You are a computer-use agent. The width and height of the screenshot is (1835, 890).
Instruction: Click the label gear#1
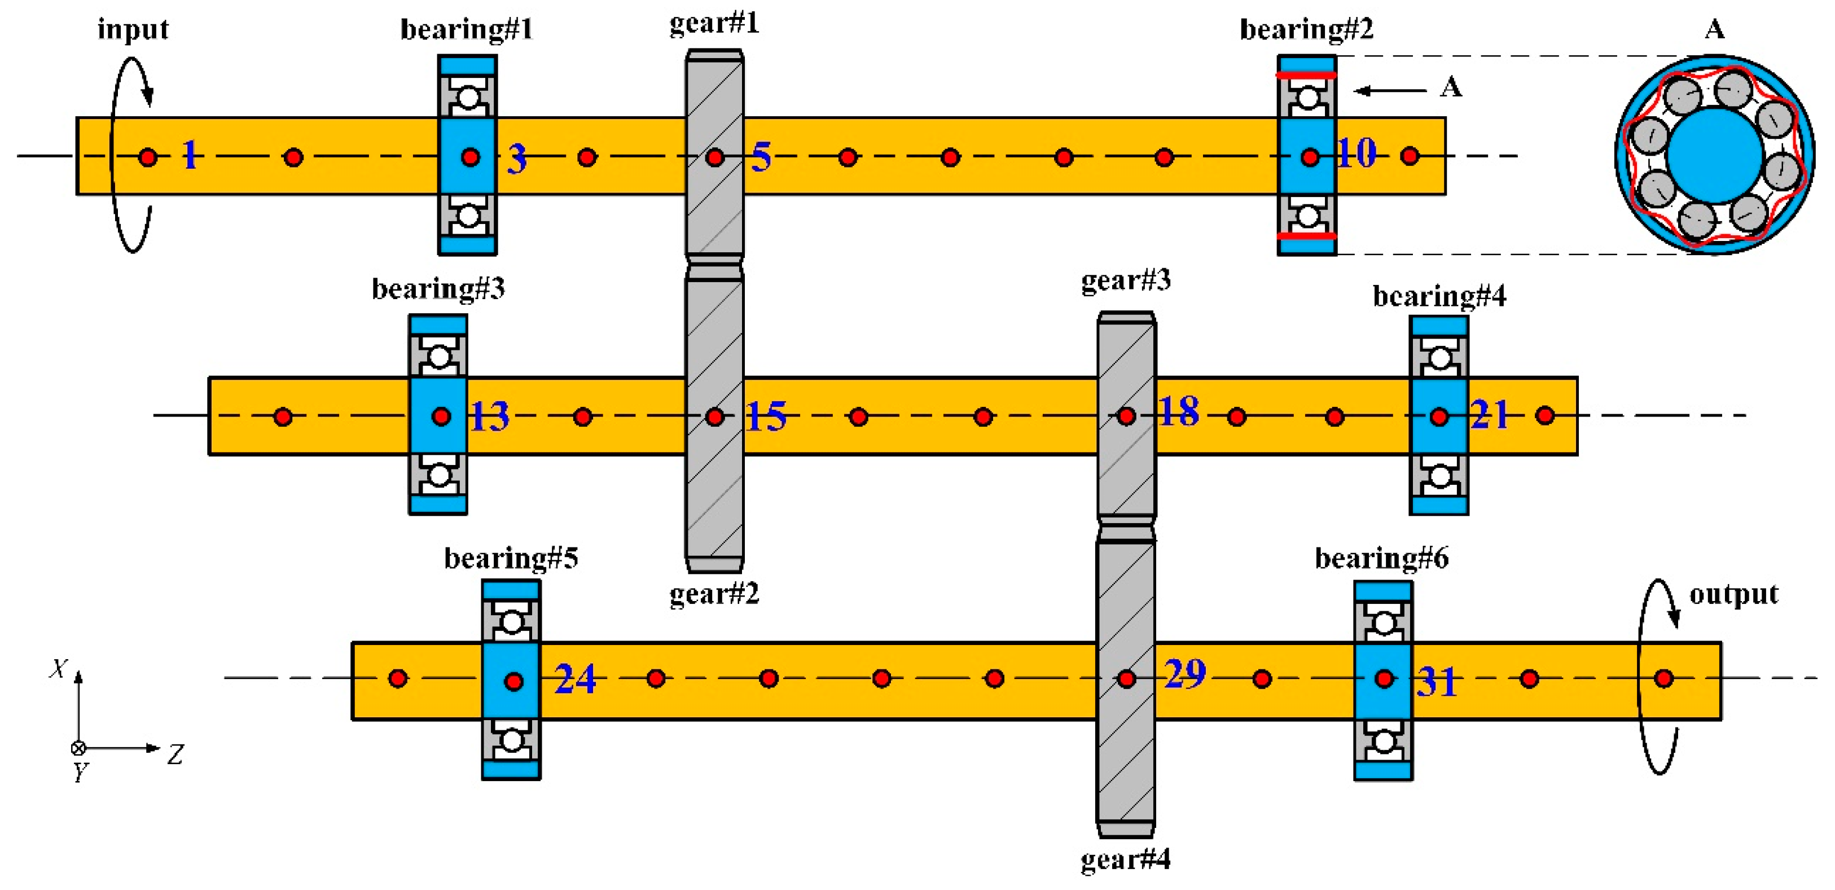[714, 24]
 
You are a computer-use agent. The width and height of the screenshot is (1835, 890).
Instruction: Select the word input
[133, 29]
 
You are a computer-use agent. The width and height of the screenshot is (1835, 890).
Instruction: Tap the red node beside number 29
[1126, 679]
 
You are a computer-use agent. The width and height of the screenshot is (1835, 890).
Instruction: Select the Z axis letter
[176, 754]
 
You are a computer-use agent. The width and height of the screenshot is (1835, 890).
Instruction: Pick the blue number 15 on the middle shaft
[766, 417]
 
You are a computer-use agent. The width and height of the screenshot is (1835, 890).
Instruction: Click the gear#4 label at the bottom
[1126, 860]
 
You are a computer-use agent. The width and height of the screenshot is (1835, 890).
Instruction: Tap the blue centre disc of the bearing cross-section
[1715, 155]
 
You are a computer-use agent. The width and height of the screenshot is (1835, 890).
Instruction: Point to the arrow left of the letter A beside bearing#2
[1389, 90]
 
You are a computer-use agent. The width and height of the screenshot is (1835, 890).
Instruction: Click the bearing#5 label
[511, 558]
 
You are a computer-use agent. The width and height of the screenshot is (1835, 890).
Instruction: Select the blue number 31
[1436, 682]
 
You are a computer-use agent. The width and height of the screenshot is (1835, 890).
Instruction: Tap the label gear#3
[1126, 280]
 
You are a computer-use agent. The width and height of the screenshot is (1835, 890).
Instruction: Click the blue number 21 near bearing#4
[1490, 415]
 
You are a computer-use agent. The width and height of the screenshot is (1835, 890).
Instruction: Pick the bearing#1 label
[466, 29]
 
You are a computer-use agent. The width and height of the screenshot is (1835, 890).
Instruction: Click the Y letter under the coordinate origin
[81, 771]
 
